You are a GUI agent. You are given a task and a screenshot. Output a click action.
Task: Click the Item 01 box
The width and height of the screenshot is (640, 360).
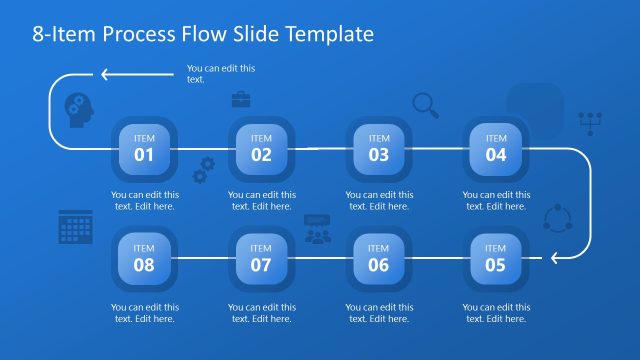tap(145, 148)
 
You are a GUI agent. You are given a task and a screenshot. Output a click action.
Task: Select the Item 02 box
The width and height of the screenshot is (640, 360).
tap(261, 148)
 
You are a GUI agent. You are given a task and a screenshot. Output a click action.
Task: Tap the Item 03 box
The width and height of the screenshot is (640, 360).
tap(379, 148)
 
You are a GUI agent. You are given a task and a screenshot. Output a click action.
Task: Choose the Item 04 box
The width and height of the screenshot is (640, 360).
tap(496, 148)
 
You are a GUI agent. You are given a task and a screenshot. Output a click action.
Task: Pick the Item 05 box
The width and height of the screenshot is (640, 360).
tap(496, 259)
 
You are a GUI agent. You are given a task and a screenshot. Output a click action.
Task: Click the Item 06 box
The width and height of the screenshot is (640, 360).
tap(379, 259)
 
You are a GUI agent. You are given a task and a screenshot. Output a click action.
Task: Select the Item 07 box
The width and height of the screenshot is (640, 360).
tap(261, 259)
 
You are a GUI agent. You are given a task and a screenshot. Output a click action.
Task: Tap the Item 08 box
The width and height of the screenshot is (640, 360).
tap(145, 259)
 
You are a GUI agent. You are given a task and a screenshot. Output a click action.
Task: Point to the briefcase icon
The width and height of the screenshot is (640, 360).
tap(241, 99)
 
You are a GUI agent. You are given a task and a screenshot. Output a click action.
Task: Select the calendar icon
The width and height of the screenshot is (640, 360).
tap(76, 227)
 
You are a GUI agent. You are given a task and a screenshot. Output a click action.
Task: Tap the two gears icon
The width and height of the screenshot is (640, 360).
tap(204, 169)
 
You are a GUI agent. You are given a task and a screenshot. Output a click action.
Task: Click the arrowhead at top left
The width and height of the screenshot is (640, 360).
tap(104, 73)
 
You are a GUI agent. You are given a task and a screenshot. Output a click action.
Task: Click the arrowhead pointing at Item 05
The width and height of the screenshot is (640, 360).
tap(557, 259)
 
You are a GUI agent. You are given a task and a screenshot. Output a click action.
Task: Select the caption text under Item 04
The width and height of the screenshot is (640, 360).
tap(496, 201)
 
